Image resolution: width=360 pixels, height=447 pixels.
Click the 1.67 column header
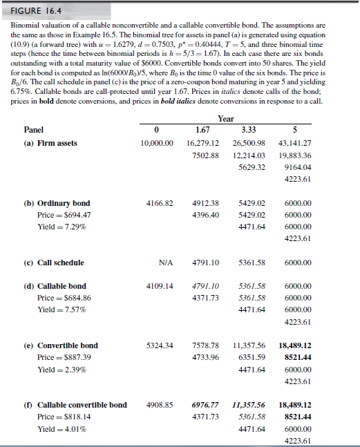[202, 130]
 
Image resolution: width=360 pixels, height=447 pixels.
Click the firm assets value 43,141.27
[294, 144]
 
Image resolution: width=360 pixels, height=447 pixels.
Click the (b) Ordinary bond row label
[57, 204]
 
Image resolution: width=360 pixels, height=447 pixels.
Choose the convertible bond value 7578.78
[205, 345]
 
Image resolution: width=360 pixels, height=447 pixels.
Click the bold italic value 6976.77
[205, 406]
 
